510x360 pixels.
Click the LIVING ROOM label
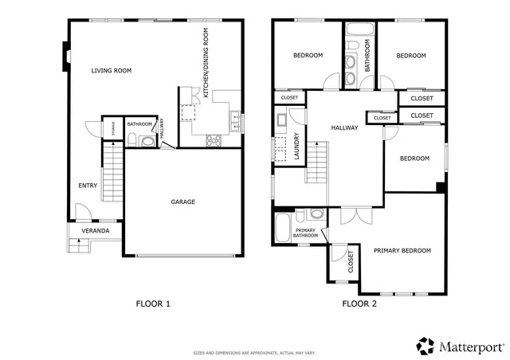click(x=111, y=71)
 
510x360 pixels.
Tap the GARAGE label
click(x=182, y=202)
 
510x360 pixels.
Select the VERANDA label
click(x=95, y=232)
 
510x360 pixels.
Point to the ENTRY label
click(x=88, y=186)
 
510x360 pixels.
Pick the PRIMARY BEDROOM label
click(x=402, y=251)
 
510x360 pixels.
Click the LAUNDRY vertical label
click(x=296, y=147)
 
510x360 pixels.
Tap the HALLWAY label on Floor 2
click(x=344, y=127)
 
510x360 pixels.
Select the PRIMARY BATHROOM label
click(x=305, y=233)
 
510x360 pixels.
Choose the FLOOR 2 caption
click(x=359, y=303)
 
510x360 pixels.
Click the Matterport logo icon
click(x=426, y=346)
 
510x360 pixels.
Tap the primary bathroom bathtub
click(x=282, y=229)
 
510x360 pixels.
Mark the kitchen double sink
click(x=235, y=121)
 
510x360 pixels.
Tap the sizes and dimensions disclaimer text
click(x=254, y=352)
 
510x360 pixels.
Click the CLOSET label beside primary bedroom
click(x=351, y=262)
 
